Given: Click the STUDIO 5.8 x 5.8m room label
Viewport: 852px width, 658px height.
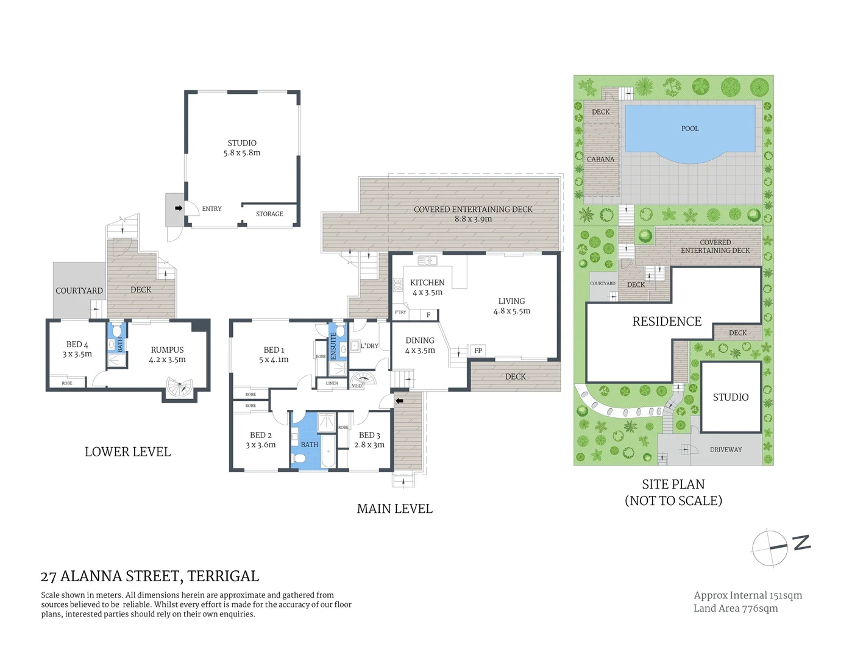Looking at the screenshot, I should tap(242, 148).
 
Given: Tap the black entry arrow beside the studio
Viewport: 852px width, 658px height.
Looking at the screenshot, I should tap(179, 208).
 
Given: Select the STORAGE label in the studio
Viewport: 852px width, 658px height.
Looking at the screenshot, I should tap(269, 214).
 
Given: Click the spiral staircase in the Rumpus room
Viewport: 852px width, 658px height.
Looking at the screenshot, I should tap(180, 387).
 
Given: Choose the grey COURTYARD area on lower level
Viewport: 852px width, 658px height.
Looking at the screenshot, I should tap(79, 291).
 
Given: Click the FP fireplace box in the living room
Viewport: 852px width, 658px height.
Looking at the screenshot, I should tap(478, 350).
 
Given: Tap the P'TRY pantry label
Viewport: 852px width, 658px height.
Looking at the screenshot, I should tap(400, 313).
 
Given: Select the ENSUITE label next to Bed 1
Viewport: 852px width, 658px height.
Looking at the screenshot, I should tap(333, 345).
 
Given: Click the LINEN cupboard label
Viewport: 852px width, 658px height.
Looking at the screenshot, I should tap(332, 383).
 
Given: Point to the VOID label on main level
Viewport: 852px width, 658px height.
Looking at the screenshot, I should tap(357, 386).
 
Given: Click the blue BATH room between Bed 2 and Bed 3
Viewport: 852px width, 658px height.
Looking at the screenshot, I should tap(310, 444).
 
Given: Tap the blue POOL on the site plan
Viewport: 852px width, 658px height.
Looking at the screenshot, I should tap(690, 129).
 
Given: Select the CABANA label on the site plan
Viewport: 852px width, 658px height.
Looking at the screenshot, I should tap(600, 160).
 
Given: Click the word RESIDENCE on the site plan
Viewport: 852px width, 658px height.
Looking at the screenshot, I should tap(667, 322).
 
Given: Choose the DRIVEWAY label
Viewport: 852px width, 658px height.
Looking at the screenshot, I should tap(726, 450).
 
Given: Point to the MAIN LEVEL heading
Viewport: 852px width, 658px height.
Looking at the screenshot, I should tap(394, 509).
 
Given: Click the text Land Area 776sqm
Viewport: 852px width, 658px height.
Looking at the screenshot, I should tap(736, 608).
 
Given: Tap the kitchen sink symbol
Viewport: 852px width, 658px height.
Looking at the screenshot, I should tap(427, 261).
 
